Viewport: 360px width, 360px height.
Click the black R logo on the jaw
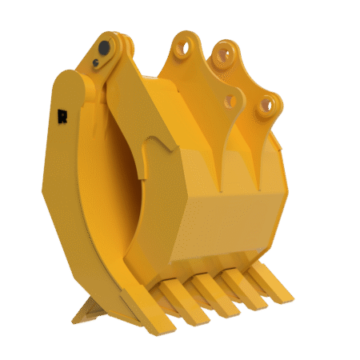(x=62, y=115)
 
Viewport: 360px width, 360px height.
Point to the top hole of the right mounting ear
(x=223, y=57)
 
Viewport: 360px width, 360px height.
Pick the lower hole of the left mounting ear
(x=231, y=101)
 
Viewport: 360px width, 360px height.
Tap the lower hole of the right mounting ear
(x=268, y=104)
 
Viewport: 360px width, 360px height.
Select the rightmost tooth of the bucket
(x=269, y=286)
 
